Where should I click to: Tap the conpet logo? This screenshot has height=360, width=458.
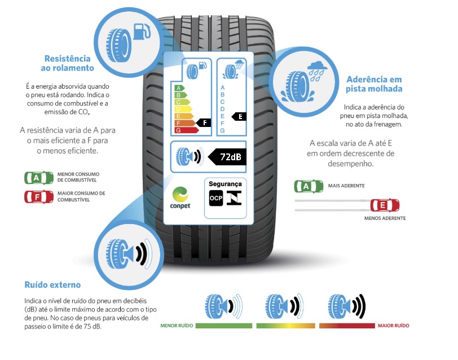[180, 197]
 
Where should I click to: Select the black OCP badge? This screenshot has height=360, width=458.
[215, 198]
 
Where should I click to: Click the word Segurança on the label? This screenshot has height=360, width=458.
[225, 184]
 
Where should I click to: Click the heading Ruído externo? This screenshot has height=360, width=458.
[52, 285]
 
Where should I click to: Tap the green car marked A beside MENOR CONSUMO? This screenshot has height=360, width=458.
[36, 178]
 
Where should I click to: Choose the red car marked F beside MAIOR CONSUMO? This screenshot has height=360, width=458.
[36, 197]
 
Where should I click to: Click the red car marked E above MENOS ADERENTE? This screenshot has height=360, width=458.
[384, 205]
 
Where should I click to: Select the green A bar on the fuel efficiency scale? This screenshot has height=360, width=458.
[179, 89]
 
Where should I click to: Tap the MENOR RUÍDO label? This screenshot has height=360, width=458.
[177, 326]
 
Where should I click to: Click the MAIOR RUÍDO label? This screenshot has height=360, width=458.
[393, 326]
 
